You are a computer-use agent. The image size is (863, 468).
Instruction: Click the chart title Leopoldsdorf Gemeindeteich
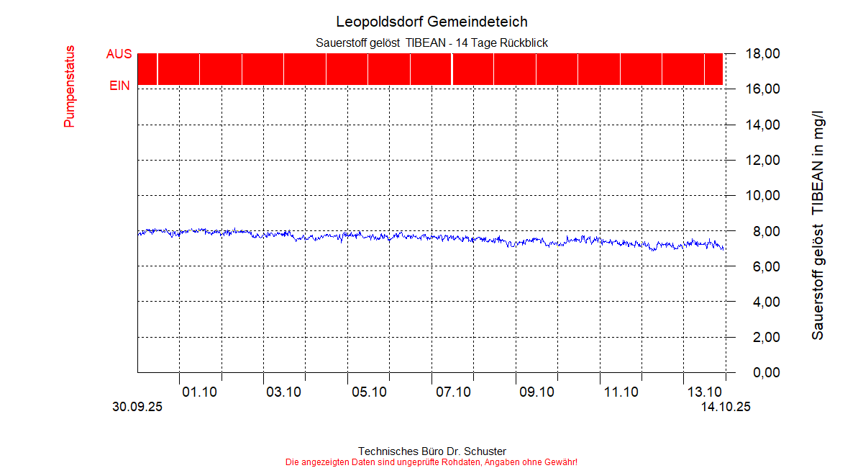[431, 22]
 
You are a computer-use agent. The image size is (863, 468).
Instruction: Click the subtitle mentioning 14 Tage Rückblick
[431, 43]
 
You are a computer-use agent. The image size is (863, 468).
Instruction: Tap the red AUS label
[119, 54]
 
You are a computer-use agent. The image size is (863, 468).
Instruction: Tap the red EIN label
[119, 86]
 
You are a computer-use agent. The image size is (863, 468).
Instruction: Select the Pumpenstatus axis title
[69, 86]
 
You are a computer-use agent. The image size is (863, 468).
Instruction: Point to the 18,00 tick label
[762, 54]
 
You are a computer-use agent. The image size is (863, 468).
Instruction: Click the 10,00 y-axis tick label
[762, 196]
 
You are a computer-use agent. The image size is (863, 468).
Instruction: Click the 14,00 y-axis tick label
[762, 125]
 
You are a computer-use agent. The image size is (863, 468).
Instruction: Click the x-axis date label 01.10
[200, 392]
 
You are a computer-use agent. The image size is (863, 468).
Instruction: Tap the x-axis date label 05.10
[368, 392]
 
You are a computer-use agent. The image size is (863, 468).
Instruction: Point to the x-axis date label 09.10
[536, 392]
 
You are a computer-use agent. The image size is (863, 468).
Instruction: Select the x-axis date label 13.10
[705, 392]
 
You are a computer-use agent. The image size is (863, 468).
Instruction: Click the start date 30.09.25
[137, 408]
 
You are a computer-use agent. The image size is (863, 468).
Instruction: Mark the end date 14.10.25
[726, 408]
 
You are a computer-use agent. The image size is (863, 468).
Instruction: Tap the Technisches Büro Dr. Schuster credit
[431, 451]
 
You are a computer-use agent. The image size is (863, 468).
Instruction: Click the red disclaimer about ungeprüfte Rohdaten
[431, 462]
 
